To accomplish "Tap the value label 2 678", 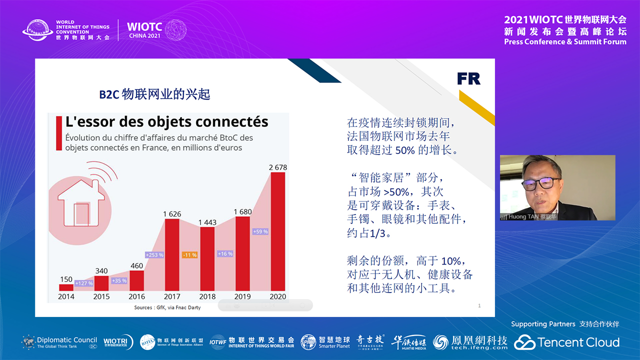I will point(278,167).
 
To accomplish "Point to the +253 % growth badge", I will point(154,255).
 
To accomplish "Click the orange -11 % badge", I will point(189,255).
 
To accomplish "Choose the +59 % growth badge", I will point(260,231).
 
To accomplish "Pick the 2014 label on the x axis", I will point(66,296).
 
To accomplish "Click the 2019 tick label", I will point(242,296).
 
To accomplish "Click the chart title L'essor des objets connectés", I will point(167,121).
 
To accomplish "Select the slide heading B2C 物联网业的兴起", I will point(154,94).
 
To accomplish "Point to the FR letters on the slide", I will point(468,78).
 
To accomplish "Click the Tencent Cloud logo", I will point(567,342).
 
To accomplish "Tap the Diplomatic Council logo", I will point(59,342).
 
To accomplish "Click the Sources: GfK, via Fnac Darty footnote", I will point(167,307).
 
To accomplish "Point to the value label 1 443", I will point(207,222).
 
